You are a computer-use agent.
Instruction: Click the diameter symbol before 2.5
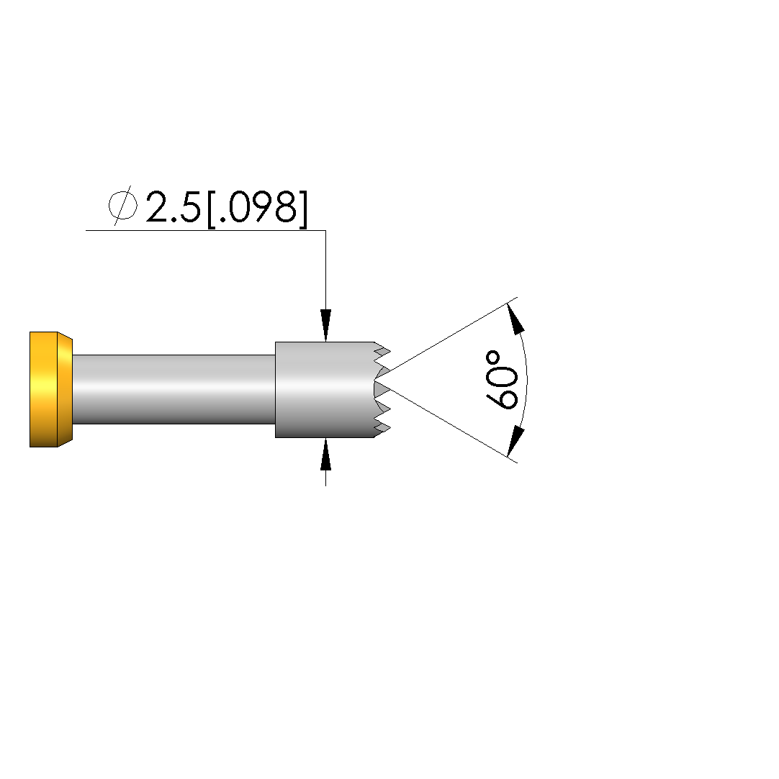click(123, 205)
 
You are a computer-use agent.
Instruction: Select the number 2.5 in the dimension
click(173, 206)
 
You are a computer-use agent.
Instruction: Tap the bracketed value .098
click(257, 208)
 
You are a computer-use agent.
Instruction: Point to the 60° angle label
click(501, 380)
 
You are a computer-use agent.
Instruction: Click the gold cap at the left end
click(50, 390)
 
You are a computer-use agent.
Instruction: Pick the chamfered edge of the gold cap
click(65, 390)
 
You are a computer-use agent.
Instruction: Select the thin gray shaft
click(174, 390)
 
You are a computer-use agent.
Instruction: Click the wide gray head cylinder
click(325, 390)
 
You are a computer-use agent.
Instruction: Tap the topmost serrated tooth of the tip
click(382, 347)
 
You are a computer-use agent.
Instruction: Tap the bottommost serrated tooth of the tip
click(382, 432)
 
